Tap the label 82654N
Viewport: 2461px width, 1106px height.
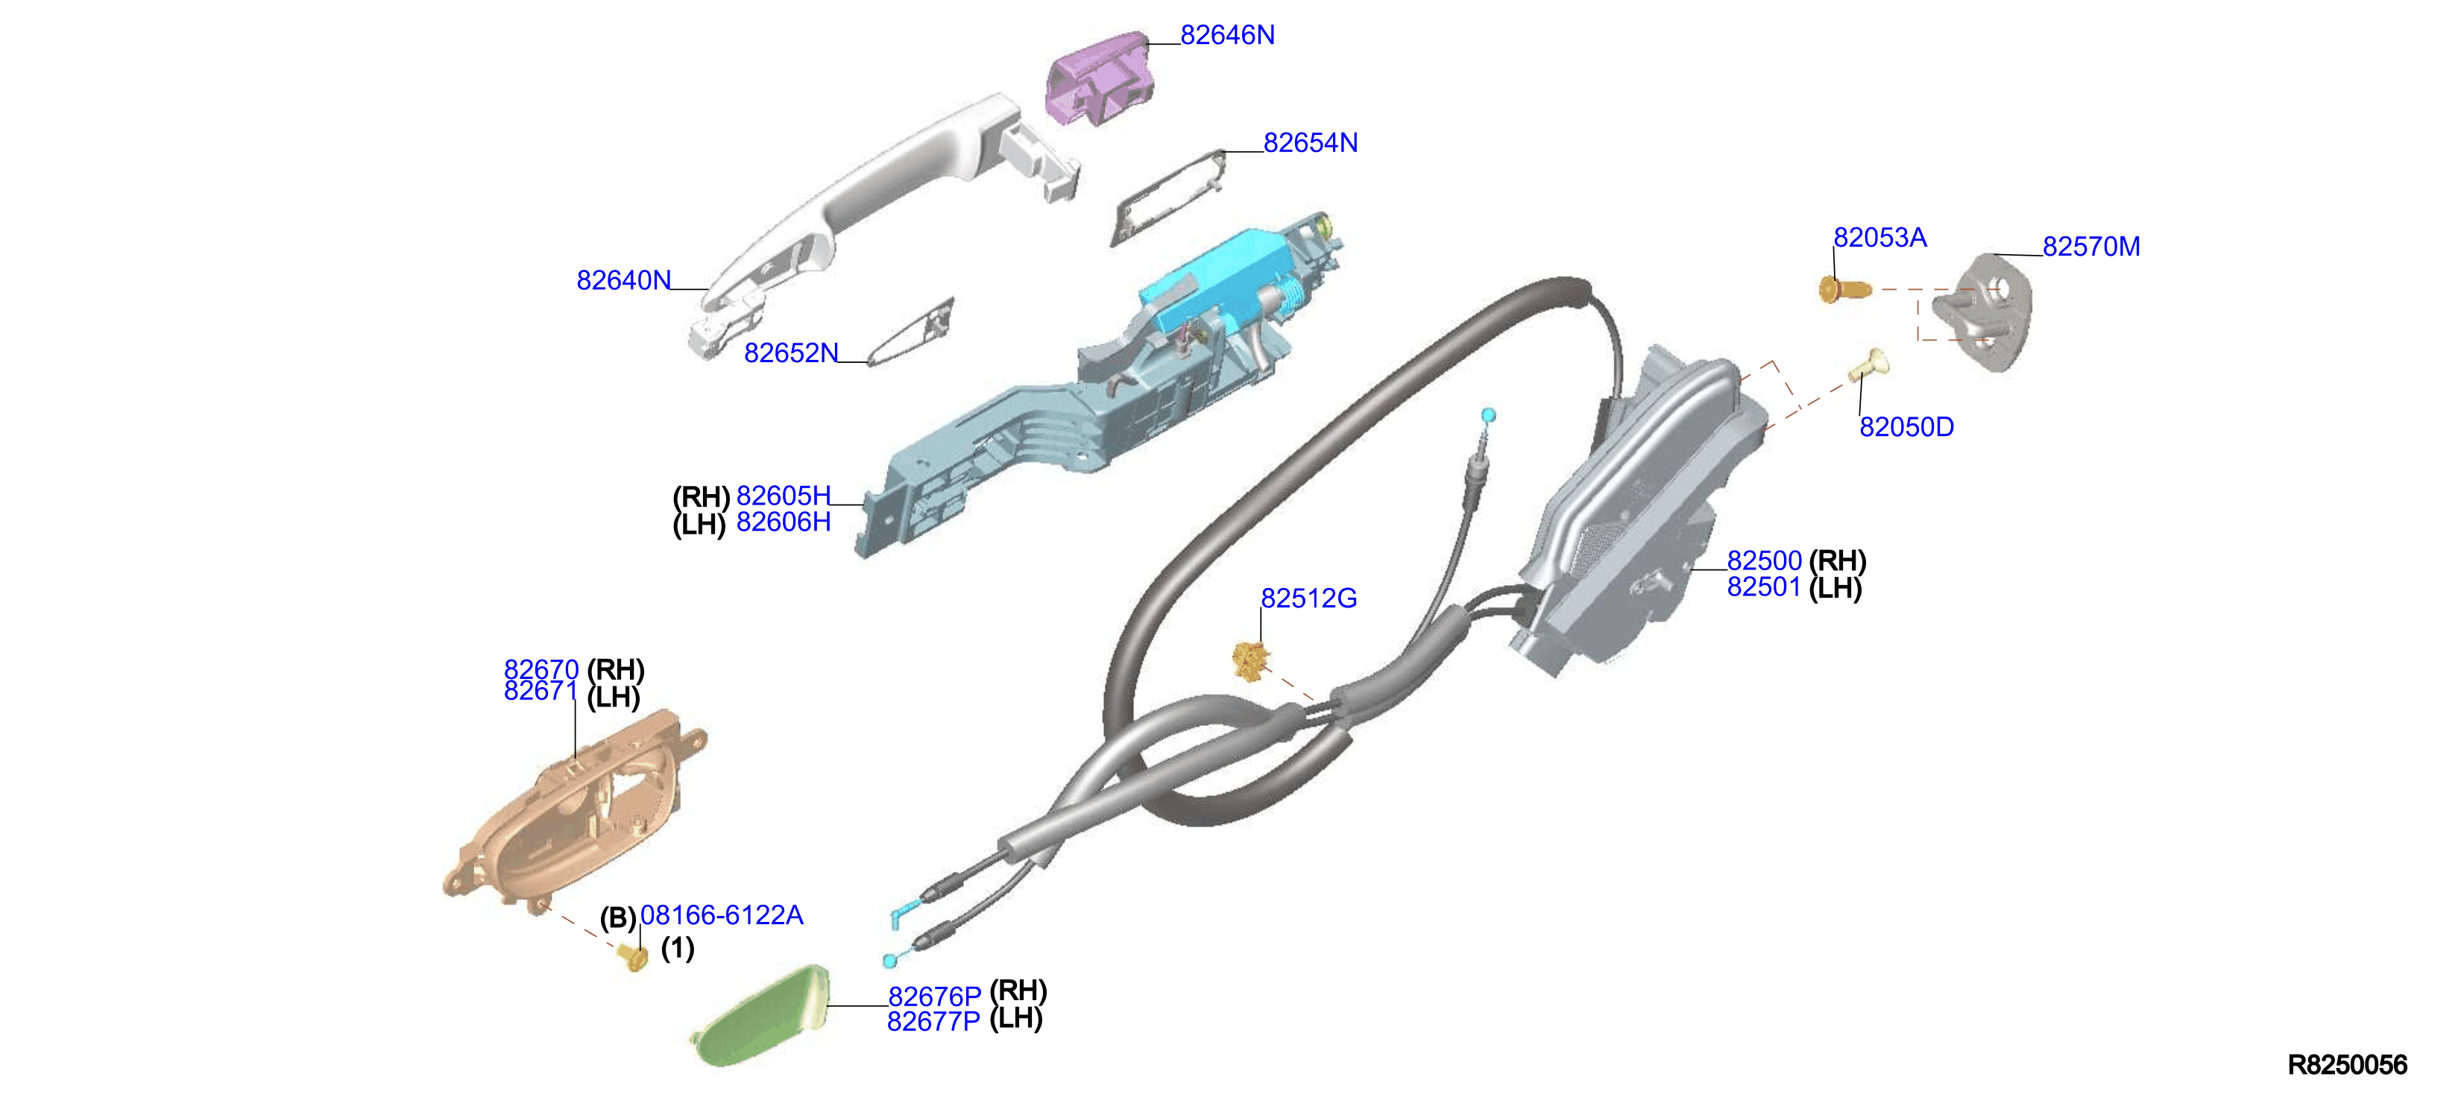1310,143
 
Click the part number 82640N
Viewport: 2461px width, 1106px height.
624,281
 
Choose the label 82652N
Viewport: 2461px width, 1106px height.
791,353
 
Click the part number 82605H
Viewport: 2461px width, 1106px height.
784,496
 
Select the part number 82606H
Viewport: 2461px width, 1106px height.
784,522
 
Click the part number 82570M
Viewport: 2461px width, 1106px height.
2091,247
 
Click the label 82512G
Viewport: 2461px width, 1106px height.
1309,599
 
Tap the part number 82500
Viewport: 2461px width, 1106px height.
1764,560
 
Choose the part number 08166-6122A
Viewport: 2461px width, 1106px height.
721,915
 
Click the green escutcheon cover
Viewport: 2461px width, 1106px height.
761,1015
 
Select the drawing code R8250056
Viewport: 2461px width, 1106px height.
2348,1065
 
